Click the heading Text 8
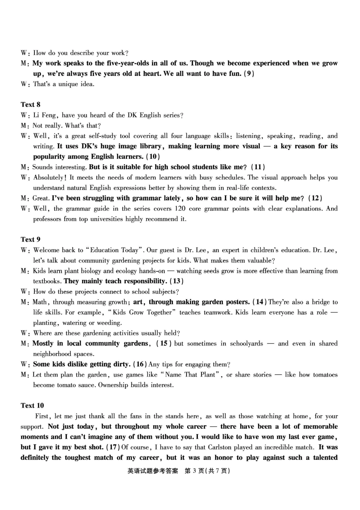tap(30, 105)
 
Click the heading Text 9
tap(30, 240)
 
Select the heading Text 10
tap(32, 406)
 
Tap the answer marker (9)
tap(249, 74)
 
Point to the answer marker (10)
tap(153, 157)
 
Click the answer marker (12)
tap(315, 198)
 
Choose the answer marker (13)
tap(177, 281)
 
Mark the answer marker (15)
tap(164, 344)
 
